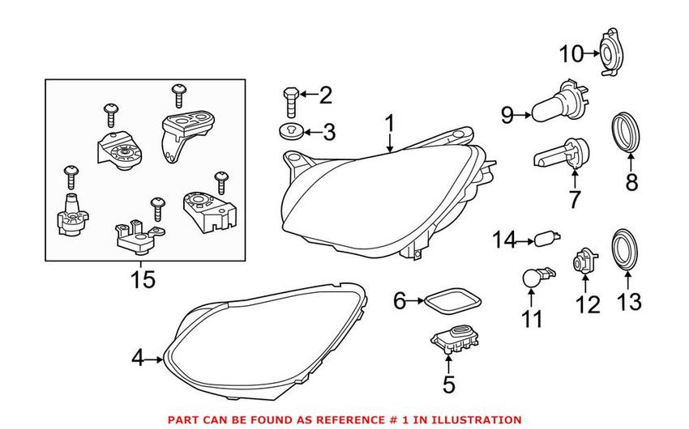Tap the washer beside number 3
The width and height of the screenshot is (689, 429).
(290, 130)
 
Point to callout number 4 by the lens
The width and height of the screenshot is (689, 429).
(138, 357)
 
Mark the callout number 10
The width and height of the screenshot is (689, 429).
(571, 54)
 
